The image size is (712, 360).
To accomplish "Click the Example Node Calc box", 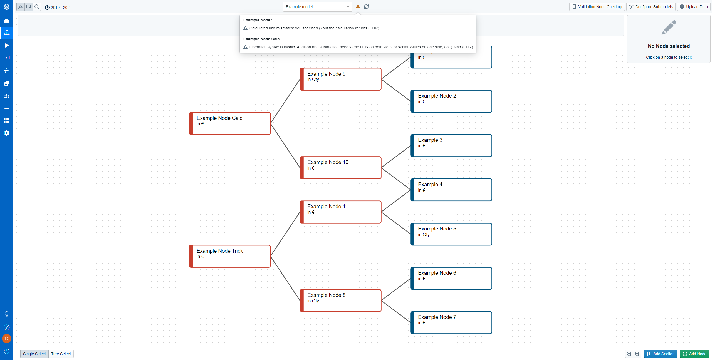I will [x=230, y=123].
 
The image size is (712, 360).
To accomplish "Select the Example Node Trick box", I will [x=230, y=256].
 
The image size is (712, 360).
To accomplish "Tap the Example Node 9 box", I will [x=340, y=79].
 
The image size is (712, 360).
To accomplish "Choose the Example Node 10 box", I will [x=340, y=168].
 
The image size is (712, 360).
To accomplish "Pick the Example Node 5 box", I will [x=451, y=234].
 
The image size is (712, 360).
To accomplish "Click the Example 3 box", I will [x=451, y=146].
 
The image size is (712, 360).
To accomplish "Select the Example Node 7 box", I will [x=451, y=322].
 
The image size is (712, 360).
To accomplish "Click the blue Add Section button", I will [x=661, y=354].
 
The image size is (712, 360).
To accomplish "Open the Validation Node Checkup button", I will [x=597, y=7].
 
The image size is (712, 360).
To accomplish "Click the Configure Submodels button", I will [x=651, y=7].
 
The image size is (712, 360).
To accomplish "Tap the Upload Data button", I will [x=694, y=7].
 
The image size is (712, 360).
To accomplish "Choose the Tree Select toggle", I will [x=61, y=354].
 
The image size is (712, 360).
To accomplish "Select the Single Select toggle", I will [x=34, y=354].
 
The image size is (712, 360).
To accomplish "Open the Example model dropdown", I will [x=317, y=7].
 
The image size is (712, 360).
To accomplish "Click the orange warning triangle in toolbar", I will [x=358, y=7].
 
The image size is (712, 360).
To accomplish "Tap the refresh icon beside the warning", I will [x=366, y=7].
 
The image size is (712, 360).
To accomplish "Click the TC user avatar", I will [x=7, y=339].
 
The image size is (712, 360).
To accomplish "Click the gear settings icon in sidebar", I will [x=7, y=133].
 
